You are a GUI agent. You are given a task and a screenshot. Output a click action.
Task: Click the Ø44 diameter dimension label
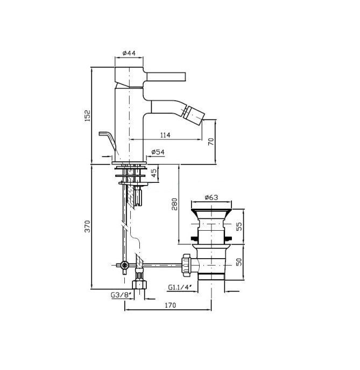click(x=129, y=53)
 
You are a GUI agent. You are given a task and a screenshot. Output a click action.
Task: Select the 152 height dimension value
click(x=88, y=116)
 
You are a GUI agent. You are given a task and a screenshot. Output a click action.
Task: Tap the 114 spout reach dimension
click(x=165, y=135)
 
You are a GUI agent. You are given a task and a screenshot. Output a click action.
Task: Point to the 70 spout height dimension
click(x=211, y=141)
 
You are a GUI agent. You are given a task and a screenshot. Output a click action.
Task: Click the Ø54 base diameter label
click(x=158, y=152)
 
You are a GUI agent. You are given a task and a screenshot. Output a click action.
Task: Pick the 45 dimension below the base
click(x=154, y=173)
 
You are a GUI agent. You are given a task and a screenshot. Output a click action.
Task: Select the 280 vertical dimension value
click(x=174, y=204)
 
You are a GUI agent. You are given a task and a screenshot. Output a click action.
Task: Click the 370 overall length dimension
click(x=88, y=226)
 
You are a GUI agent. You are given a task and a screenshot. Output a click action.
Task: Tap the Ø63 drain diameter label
click(x=211, y=197)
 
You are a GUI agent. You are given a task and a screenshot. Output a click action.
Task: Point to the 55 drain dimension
click(x=239, y=226)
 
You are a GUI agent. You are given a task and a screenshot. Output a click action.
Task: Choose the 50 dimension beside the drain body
click(x=239, y=262)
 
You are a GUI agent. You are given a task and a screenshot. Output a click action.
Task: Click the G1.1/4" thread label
click(x=180, y=287)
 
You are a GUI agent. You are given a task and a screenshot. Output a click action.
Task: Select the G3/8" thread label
click(x=121, y=295)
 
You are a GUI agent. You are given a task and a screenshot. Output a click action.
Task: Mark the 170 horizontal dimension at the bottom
click(x=170, y=305)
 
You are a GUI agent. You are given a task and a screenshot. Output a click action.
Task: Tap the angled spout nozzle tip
click(x=194, y=113)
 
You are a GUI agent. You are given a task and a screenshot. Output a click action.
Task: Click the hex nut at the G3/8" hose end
click(x=139, y=284)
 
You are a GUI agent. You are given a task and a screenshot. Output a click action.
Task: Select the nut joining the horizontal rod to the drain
click(x=187, y=265)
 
